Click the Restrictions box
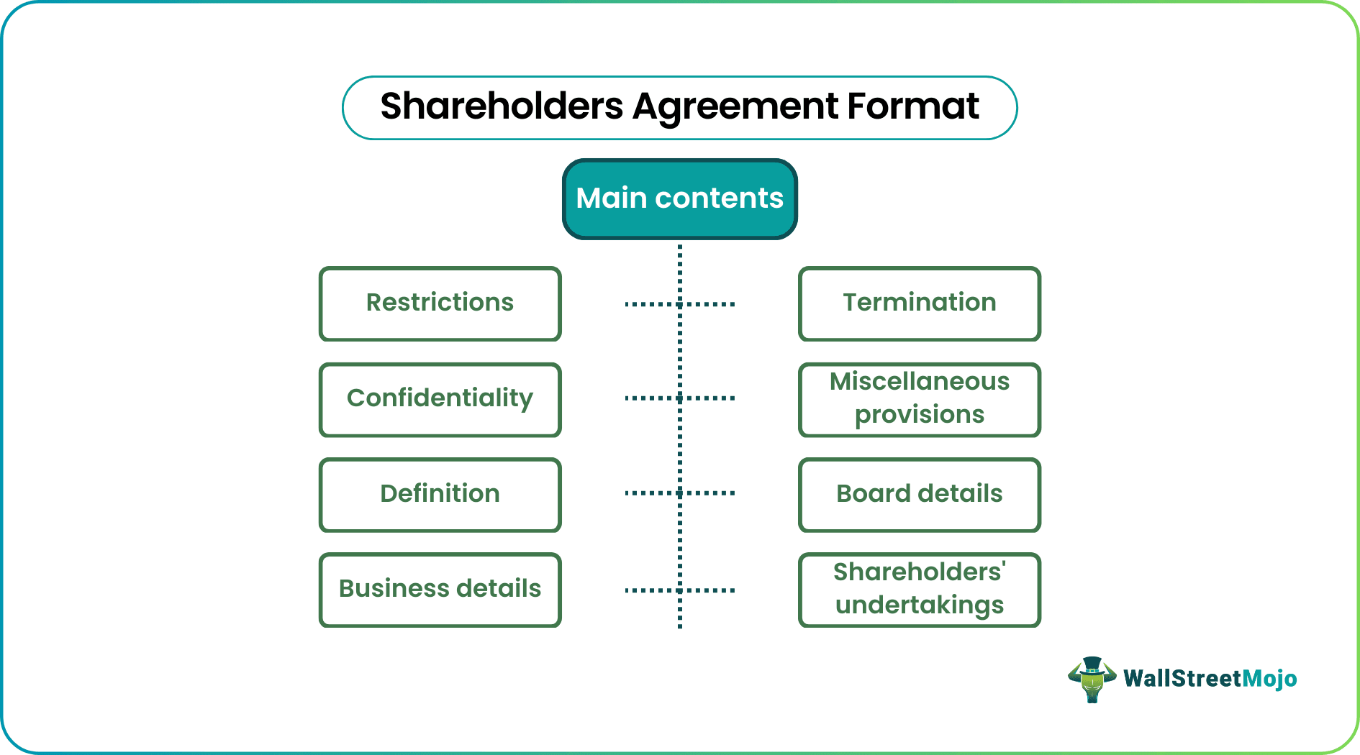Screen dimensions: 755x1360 (440, 303)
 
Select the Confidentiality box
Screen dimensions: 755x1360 (440, 399)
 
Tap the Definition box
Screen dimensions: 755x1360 (440, 495)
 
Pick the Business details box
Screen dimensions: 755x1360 (440, 590)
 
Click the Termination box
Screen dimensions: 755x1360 (919, 303)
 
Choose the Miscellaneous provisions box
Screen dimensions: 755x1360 (919, 399)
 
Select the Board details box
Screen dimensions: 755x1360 (919, 495)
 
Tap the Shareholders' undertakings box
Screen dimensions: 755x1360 (919, 590)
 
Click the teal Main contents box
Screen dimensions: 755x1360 (679, 199)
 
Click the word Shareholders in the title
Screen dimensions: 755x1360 (501, 107)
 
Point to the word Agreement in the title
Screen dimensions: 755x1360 (735, 107)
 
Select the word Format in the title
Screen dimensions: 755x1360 (912, 107)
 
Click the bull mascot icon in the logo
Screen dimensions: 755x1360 (1092, 679)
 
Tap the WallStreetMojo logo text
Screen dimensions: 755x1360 (1210, 679)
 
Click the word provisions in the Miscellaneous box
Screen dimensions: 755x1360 (919, 415)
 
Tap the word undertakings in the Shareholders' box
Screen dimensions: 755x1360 (919, 605)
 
